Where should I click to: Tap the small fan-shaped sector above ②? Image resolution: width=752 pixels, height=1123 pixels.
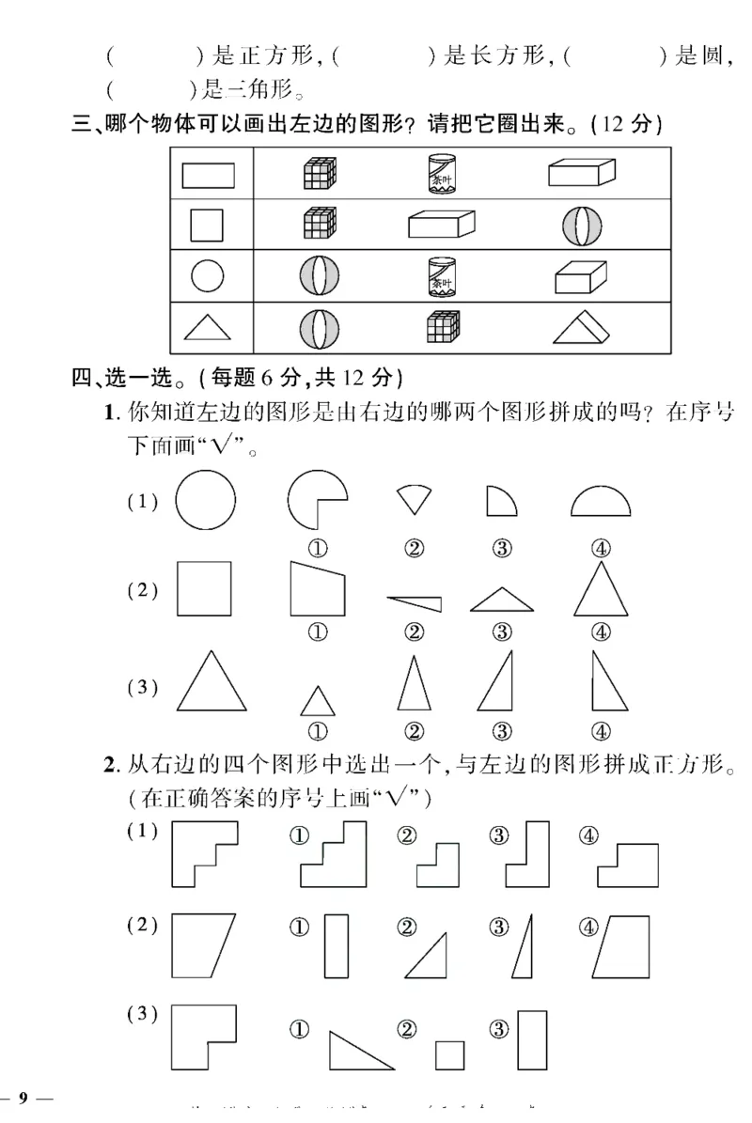coord(412,498)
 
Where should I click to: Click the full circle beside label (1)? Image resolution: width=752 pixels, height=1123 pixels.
coord(205,498)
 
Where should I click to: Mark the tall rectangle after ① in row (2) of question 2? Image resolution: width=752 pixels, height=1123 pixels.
coord(336,947)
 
